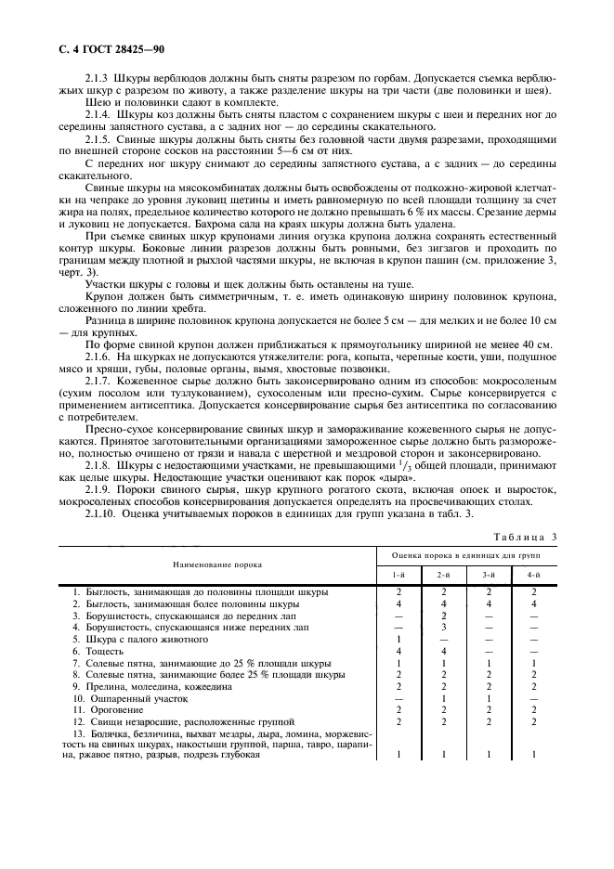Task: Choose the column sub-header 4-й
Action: click(532, 576)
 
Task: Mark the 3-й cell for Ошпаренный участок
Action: click(488, 696)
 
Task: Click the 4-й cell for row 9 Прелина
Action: click(532, 685)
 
